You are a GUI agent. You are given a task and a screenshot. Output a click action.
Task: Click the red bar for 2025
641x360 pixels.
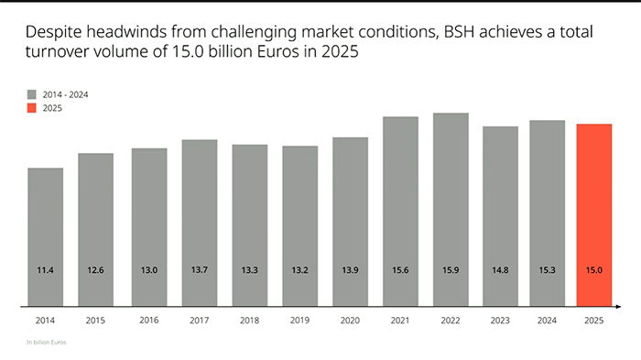[x=594, y=214]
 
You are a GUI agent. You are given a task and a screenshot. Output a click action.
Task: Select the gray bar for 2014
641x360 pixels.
[x=46, y=236]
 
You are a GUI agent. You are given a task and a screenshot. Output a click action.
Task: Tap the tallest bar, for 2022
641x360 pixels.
[x=451, y=209]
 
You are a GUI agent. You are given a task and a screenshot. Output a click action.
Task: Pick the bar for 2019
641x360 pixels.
[x=299, y=225]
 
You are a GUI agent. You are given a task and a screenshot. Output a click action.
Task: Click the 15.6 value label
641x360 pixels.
[x=400, y=270]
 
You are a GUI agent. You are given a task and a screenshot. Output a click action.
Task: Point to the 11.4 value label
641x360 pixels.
[x=46, y=270]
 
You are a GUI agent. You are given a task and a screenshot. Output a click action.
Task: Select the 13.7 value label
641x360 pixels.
[x=199, y=270]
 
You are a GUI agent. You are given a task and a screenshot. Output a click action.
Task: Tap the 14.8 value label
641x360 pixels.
[x=501, y=270]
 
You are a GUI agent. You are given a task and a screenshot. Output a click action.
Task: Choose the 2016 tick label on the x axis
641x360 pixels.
[x=148, y=322]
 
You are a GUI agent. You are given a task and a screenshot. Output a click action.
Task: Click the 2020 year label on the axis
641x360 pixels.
[x=350, y=322]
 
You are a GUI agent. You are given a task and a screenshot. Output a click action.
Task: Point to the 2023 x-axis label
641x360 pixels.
[x=501, y=322]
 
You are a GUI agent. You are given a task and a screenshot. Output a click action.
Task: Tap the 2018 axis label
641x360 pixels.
[x=249, y=322]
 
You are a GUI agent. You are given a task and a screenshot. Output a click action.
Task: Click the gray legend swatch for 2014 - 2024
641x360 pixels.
[x=32, y=93]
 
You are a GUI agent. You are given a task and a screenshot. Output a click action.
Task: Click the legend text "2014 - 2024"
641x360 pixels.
[x=65, y=93]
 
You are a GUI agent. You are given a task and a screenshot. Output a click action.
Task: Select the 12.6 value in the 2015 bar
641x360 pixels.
[x=96, y=270]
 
